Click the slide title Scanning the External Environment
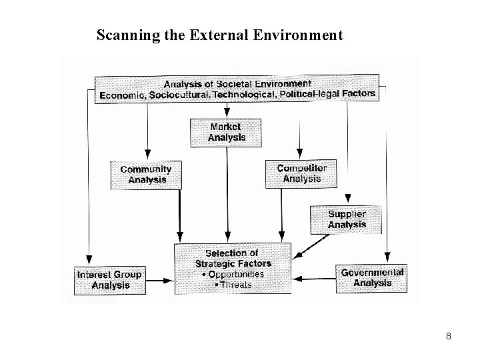219,34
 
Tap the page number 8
448,337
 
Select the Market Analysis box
227,132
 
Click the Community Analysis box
145,175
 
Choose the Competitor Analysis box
301,174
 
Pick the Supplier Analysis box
347,219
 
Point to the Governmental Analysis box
372,278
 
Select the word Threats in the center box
235,285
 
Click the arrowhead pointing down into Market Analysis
227,114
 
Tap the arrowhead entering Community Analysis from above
148,157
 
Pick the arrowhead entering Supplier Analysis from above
347,199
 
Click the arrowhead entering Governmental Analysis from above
387,257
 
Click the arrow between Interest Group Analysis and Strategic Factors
159,280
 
